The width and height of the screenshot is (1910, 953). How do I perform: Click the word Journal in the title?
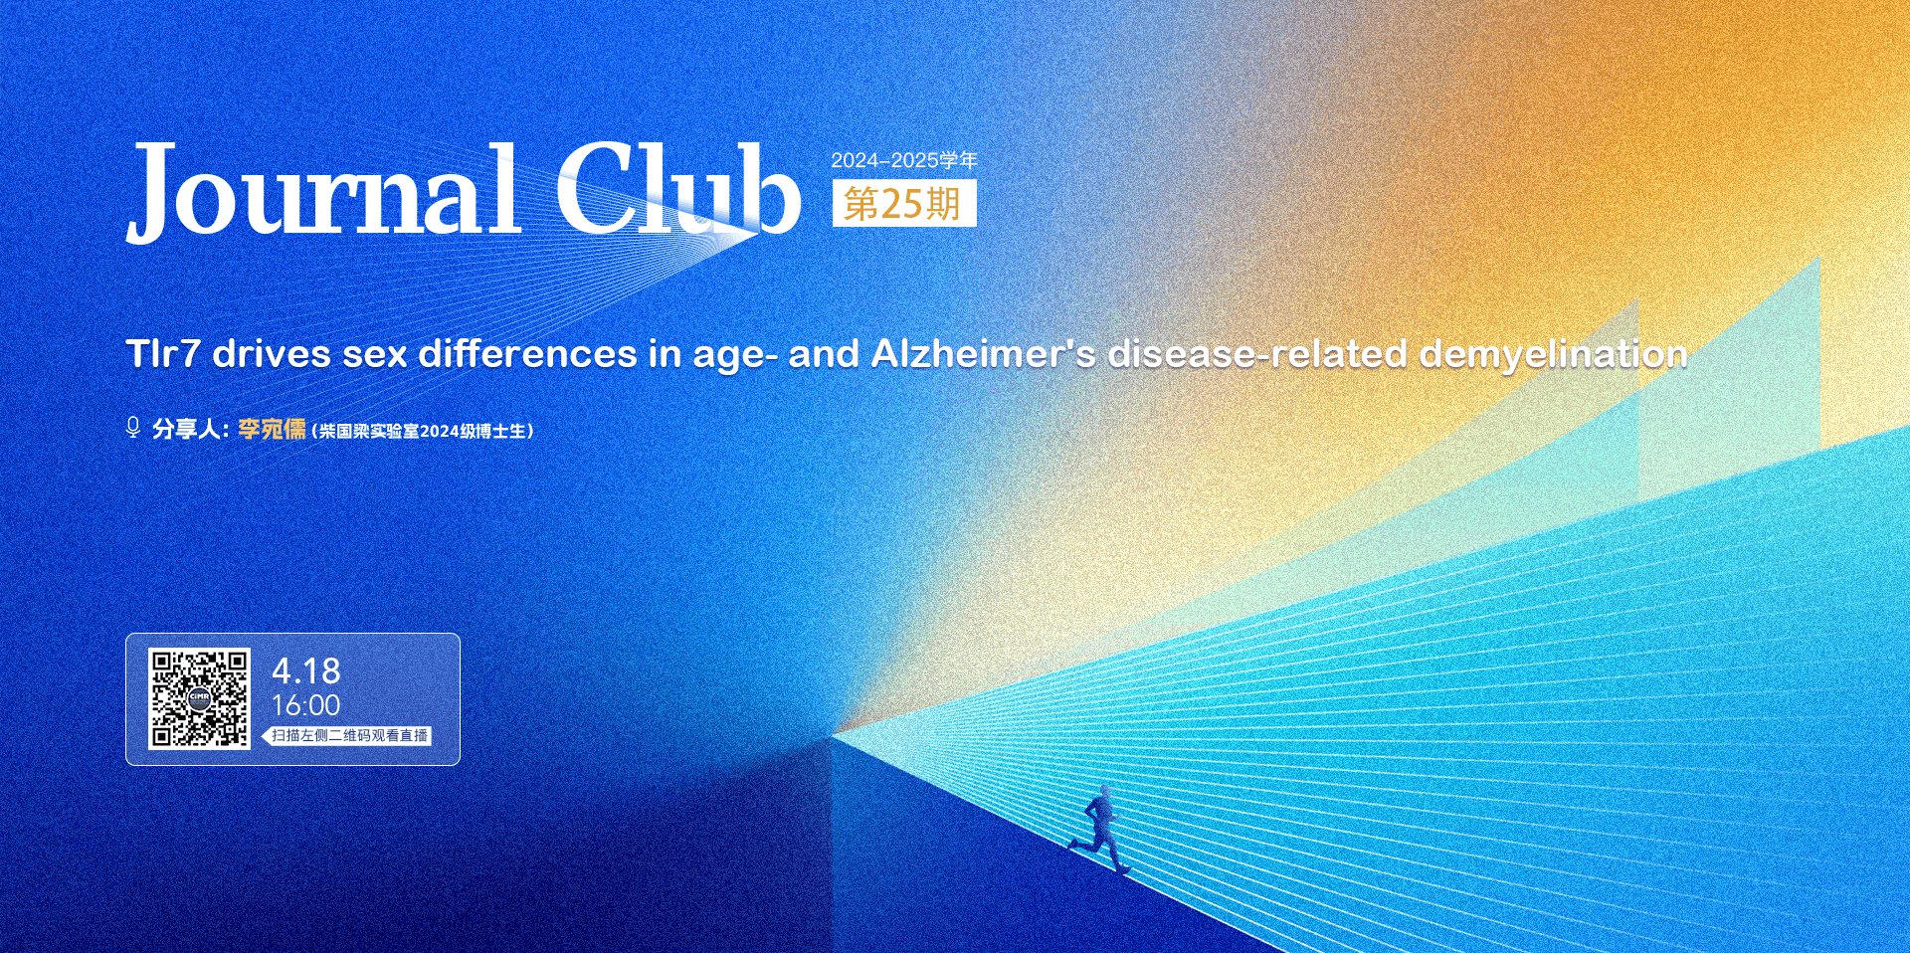[324, 191]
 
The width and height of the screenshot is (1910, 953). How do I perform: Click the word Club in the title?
[677, 189]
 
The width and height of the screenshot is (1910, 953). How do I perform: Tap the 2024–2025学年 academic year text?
[904, 160]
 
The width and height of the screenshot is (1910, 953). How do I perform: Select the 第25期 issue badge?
[904, 203]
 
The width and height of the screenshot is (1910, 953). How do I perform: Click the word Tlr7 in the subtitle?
[163, 354]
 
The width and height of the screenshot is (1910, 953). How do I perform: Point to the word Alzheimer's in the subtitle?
[983, 354]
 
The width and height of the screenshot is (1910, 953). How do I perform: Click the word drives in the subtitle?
[271, 354]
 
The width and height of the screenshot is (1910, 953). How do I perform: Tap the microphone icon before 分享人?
[133, 428]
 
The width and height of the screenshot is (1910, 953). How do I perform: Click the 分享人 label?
[186, 429]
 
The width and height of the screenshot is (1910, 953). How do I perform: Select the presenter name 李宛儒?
[272, 429]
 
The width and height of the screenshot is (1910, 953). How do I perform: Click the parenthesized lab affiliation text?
[423, 431]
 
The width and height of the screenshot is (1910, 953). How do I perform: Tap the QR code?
[199, 698]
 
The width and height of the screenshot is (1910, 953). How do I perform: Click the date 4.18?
[305, 671]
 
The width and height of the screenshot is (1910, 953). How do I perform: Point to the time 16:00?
[305, 705]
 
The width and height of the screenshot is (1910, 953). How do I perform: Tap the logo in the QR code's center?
[199, 699]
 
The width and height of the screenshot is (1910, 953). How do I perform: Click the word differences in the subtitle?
[527, 354]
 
